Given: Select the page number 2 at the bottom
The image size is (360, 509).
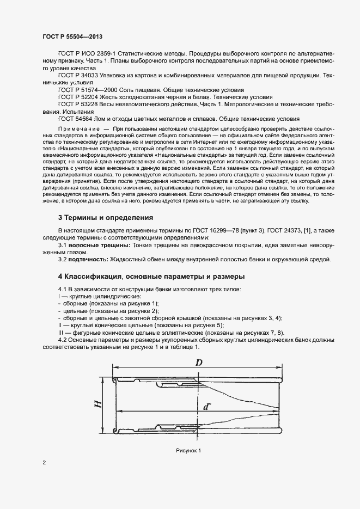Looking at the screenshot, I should pyautogui.click(x=44, y=463).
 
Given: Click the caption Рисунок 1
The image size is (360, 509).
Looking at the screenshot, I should pyautogui.click(x=189, y=451).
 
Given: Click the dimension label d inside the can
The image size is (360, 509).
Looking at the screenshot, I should pyautogui.click(x=206, y=406).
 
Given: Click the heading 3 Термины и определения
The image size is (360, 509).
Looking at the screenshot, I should pyautogui.click(x=106, y=217).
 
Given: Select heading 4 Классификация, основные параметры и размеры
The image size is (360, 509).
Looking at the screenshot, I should pyautogui.click(x=151, y=276).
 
